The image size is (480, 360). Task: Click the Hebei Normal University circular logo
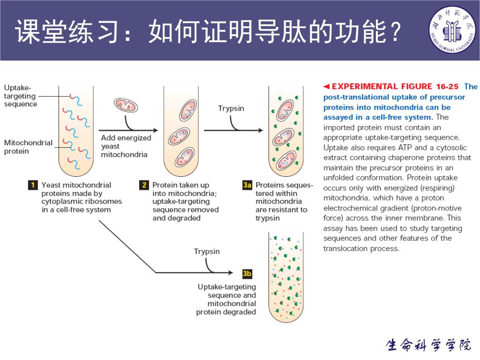click(x=453, y=30)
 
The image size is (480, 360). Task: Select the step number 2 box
click(x=144, y=185)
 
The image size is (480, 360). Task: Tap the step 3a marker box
click(x=247, y=185)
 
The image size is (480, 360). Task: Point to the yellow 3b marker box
click(x=247, y=272)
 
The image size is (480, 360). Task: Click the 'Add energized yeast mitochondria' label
click(x=126, y=146)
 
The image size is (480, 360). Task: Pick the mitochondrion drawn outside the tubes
click(x=127, y=105)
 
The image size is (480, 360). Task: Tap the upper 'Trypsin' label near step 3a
click(x=231, y=108)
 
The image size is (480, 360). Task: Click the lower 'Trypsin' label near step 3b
click(x=207, y=252)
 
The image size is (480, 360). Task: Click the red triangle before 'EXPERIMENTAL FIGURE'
click(x=327, y=86)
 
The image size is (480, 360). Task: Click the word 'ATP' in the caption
click(x=405, y=148)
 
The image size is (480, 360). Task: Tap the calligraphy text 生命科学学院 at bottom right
click(x=428, y=345)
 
